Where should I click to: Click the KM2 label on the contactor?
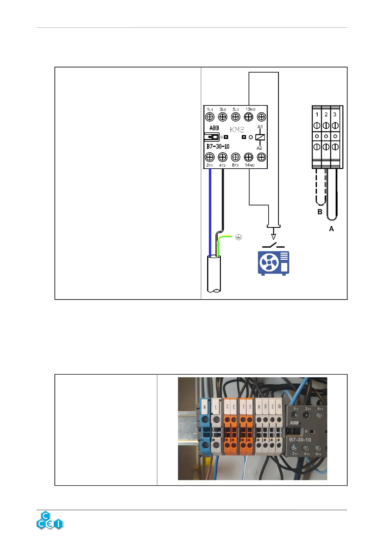237,130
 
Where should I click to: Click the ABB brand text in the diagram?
214,128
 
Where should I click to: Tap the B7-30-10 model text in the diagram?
218,146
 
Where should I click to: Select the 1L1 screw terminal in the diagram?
210,117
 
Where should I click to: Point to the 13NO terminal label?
250,109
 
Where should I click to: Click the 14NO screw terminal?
249,157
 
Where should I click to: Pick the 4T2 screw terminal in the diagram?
222,157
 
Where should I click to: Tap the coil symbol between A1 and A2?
260,137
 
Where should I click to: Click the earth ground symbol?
238,237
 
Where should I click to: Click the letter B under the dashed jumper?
320,212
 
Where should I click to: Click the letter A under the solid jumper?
331,229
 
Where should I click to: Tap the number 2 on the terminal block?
326,114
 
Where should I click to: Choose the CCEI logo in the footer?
50,520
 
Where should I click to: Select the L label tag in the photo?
216,407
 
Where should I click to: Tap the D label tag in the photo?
279,407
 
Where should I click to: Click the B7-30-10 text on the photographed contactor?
300,439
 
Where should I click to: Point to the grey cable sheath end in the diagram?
213,274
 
